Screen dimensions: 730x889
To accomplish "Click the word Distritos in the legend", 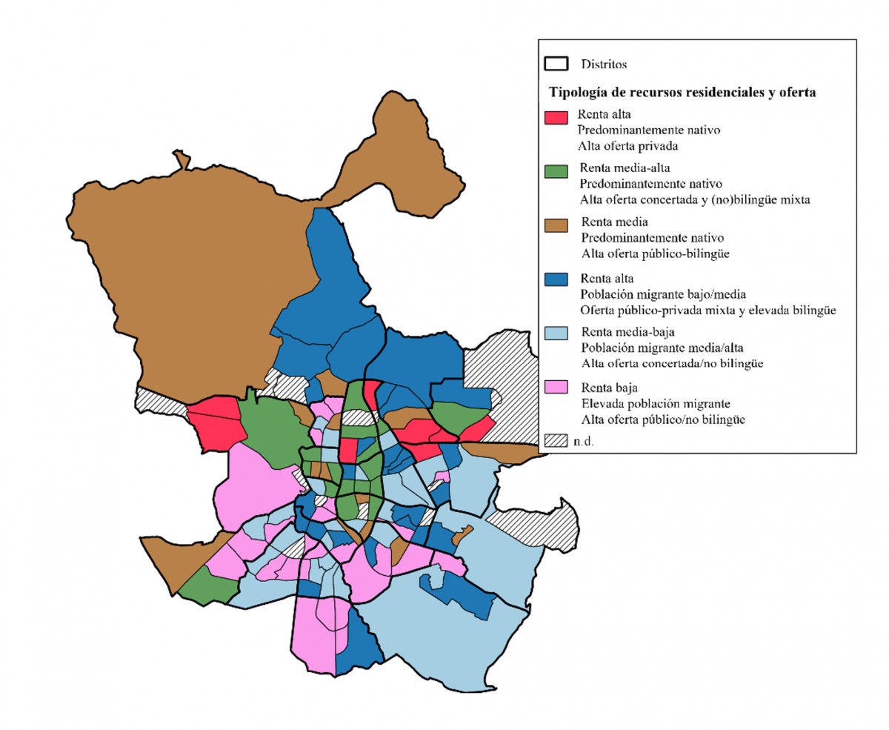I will click(x=604, y=64).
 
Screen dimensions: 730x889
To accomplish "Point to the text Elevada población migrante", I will click(x=656, y=403).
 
